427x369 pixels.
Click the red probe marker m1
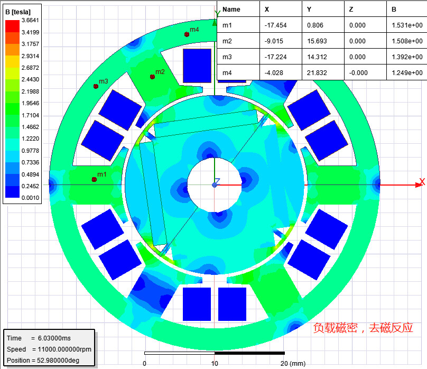(x=94, y=179)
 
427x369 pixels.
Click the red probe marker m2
(x=153, y=77)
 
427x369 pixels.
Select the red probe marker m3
(x=96, y=86)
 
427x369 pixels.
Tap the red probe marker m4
(x=187, y=34)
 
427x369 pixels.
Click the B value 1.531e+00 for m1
(x=407, y=25)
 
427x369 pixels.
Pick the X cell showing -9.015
(x=274, y=41)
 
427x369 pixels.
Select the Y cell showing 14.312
(x=317, y=57)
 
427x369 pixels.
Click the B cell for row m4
(x=407, y=73)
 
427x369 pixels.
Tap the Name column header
(x=231, y=10)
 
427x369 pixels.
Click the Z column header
(x=351, y=10)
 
